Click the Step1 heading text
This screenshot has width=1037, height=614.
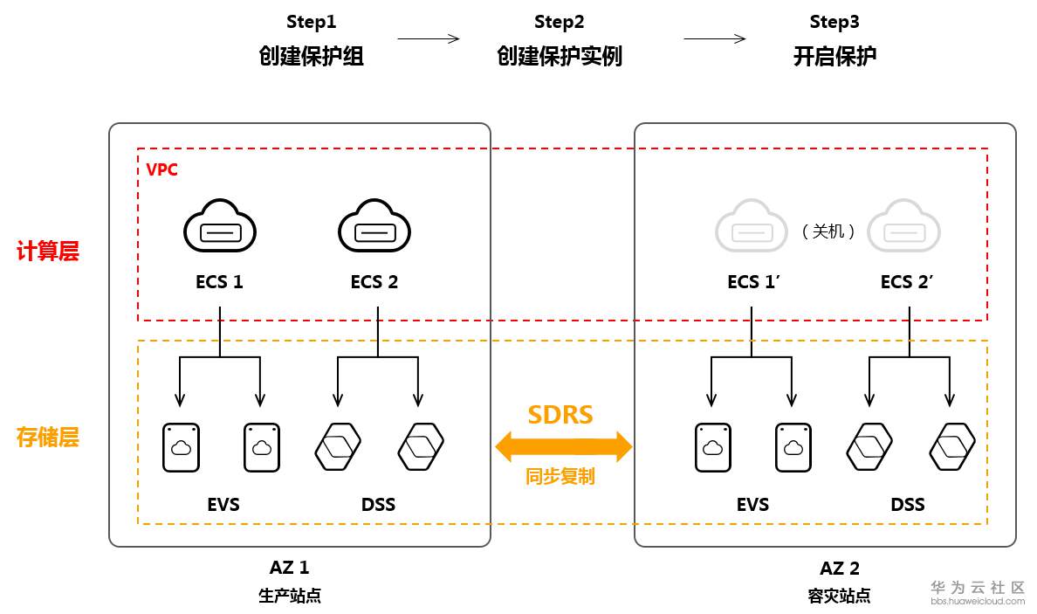click(x=311, y=22)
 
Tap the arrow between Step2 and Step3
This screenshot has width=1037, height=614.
click(x=714, y=38)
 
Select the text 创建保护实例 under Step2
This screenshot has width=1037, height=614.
click(x=560, y=57)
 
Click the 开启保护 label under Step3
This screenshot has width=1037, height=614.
click(x=834, y=57)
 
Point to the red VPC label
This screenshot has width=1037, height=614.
click(x=161, y=169)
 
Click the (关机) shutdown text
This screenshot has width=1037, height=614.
click(x=828, y=232)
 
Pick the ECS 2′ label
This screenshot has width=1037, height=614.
click(x=907, y=282)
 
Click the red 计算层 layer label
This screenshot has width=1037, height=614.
click(x=48, y=252)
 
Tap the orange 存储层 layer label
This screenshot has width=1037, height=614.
click(x=48, y=437)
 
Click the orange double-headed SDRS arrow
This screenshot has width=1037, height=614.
click(x=563, y=446)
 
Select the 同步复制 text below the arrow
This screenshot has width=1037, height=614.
click(x=560, y=477)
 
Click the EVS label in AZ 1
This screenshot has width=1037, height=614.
click(x=223, y=504)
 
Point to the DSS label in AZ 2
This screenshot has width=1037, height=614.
click(x=908, y=504)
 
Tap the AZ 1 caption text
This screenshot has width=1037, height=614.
click(x=289, y=568)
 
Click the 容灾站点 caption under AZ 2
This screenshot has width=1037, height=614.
click(x=839, y=597)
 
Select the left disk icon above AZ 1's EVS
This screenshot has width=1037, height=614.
click(x=182, y=448)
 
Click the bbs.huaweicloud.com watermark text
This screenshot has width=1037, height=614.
click(x=978, y=602)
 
